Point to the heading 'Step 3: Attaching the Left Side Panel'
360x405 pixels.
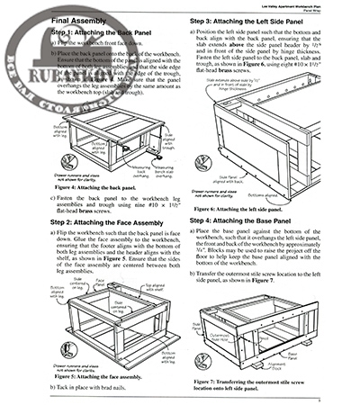[261, 19]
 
